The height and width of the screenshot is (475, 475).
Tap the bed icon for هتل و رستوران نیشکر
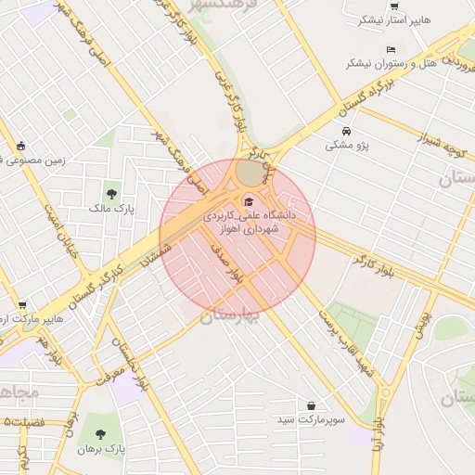coord(391,49)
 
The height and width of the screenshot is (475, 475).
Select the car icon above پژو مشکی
coord(347,131)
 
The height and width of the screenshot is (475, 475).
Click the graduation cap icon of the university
coord(247,201)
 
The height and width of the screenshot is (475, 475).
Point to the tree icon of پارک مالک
coord(111,194)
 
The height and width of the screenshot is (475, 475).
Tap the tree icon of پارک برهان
coord(101,433)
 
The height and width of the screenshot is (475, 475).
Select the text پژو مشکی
coord(345,146)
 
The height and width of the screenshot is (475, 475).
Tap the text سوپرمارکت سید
coord(311,420)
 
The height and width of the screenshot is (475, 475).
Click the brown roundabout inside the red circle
coord(250,173)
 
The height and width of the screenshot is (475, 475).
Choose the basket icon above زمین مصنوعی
coord(21,146)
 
